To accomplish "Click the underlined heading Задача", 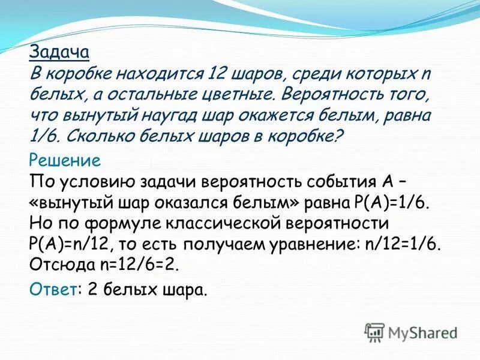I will pos(59,52).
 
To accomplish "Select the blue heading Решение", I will pos(65,161).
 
